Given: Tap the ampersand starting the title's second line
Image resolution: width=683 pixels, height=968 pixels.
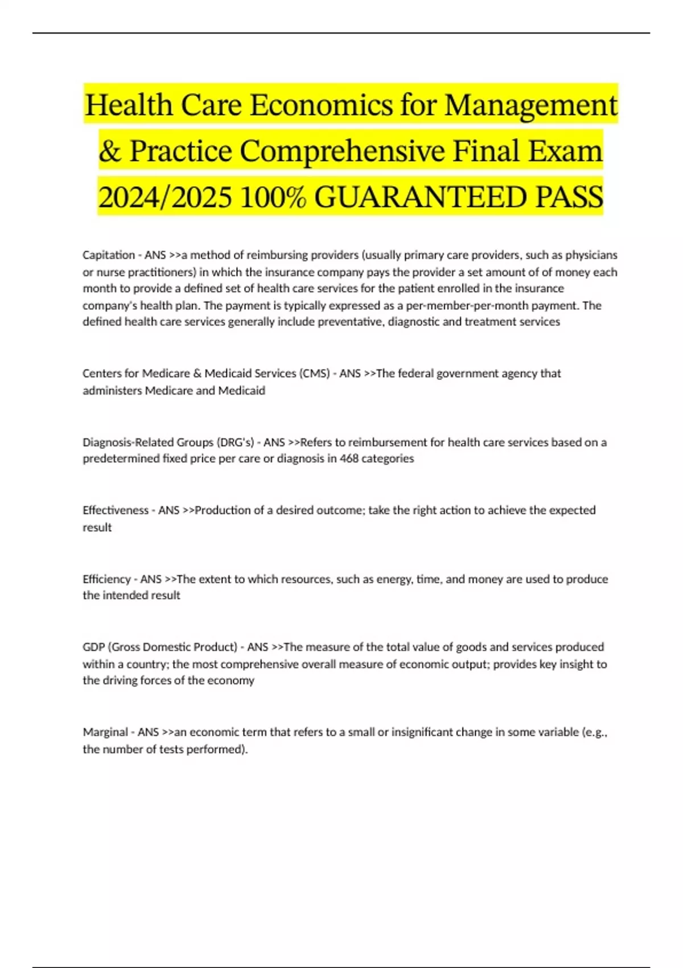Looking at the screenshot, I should point(109,151).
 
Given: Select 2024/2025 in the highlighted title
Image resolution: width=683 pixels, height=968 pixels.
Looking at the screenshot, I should point(165,198).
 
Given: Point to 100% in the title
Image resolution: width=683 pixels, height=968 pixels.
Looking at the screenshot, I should point(273,198).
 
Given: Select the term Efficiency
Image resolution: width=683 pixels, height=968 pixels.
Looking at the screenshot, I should point(106,579).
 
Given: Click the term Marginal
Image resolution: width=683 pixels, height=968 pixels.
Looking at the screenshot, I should point(105,732).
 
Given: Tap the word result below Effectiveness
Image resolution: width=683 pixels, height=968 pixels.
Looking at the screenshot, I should point(97,527).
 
